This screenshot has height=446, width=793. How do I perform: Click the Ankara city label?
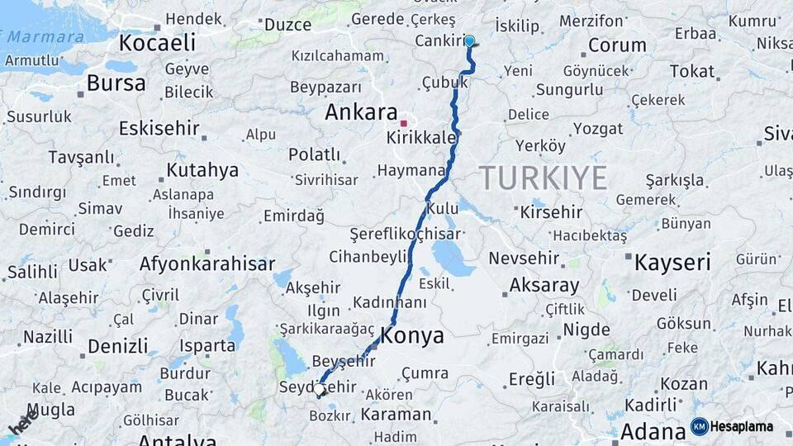coord(361,112)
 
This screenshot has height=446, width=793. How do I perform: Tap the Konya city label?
coord(412,336)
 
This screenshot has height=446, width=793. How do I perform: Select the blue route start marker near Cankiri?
coord(469,40)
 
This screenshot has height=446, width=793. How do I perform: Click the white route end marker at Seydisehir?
coord(319,389)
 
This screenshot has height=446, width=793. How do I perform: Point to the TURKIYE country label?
coord(544,178)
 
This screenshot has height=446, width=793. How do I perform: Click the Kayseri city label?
coord(672,263)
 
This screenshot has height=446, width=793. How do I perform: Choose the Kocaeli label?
coord(157,43)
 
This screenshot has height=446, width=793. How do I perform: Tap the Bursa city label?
coord(116,83)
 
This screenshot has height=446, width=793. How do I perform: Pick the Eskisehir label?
coord(159,128)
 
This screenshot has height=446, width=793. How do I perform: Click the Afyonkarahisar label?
coord(207,264)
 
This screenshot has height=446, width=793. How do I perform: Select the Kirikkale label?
coord(421,137)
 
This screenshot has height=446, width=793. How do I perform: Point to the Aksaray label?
coord(544,286)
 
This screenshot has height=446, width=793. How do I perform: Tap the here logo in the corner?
coord(22,421)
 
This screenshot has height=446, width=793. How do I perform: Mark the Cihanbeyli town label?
coord(369,257)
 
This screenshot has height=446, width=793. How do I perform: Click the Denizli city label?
coord(117,345)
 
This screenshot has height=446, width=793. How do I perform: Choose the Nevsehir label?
coord(523,259)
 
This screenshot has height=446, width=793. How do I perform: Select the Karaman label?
coord(396,414)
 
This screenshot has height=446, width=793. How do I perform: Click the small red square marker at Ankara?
coord(403,122)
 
